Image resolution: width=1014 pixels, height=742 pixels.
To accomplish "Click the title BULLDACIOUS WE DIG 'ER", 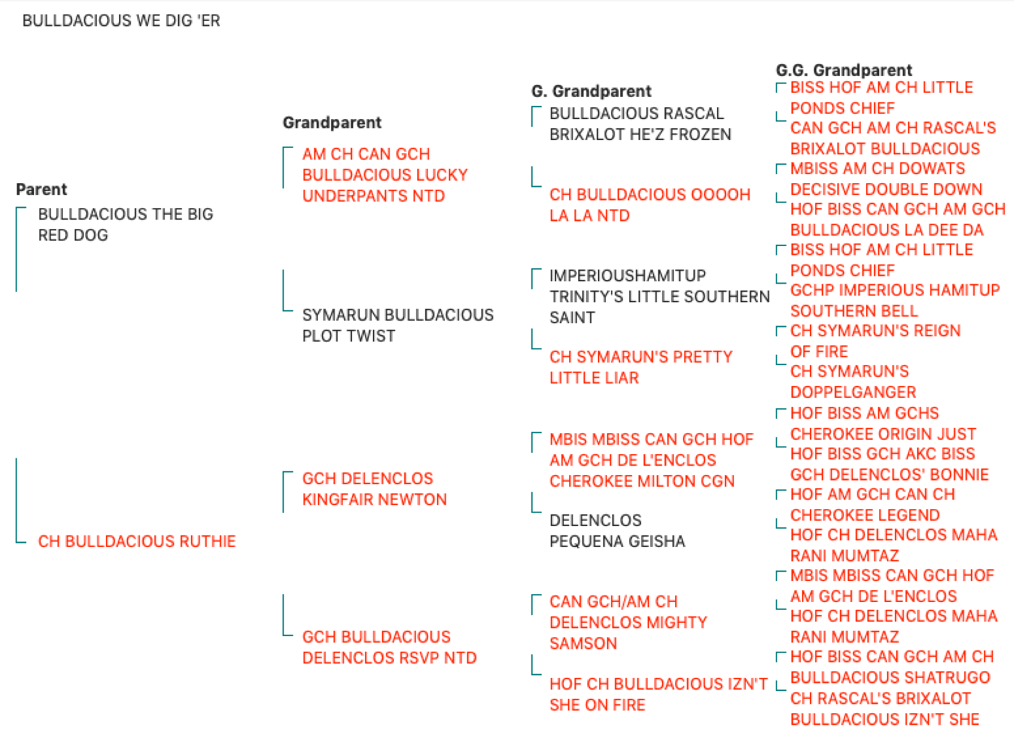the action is [122, 21].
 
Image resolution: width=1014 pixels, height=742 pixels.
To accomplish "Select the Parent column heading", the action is [42, 189].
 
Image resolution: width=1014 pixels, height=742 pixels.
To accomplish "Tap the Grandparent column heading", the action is [332, 123].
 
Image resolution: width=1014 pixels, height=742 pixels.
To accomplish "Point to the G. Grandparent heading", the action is [591, 92].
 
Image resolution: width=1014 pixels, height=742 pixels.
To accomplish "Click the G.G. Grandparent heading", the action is [844, 70].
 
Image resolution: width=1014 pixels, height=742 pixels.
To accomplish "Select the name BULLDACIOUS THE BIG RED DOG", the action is [126, 224].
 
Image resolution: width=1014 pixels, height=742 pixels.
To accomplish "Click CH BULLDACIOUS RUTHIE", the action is [137, 541].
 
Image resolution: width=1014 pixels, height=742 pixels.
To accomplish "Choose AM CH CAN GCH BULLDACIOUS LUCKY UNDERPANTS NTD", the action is [385, 175].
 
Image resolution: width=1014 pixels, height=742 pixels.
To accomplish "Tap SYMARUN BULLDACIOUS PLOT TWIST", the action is [398, 326].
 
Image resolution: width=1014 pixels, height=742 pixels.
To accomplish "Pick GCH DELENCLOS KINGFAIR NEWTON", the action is [374, 489].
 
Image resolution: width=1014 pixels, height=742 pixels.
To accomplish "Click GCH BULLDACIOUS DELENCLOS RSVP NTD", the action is [389, 647].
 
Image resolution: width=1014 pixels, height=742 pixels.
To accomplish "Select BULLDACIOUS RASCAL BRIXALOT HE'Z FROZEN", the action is [640, 124].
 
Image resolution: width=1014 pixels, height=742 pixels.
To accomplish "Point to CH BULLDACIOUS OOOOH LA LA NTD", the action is [650, 205].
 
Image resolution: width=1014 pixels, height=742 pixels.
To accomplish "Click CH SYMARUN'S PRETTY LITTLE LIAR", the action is [641, 367].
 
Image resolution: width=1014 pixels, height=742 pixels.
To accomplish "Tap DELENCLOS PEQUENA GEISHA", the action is [618, 531].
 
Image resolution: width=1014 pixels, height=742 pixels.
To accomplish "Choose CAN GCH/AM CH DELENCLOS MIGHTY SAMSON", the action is [629, 622].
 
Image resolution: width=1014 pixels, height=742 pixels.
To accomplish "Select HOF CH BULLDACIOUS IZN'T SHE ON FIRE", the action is [658, 695].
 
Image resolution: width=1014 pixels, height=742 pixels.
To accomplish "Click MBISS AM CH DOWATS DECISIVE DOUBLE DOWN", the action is [887, 179].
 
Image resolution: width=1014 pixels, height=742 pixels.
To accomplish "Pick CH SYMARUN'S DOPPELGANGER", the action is [854, 381].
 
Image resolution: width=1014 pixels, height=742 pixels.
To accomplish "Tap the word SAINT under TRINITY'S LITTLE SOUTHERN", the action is [572, 318].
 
